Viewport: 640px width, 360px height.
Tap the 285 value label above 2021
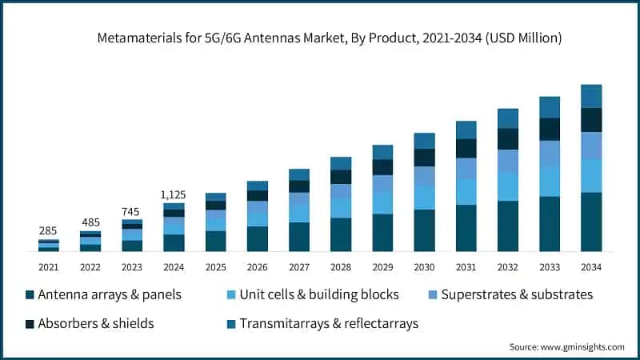tap(49, 231)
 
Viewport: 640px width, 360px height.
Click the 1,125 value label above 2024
tap(174, 194)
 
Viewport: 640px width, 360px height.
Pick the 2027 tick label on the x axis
tap(298, 266)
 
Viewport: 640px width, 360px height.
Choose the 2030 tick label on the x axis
tap(424, 266)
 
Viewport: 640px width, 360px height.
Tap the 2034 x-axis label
tap(590, 266)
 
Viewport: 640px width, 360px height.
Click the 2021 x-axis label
tap(49, 266)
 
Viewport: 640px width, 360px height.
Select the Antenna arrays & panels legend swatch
tap(30, 295)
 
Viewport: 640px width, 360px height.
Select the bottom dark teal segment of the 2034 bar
tap(590, 222)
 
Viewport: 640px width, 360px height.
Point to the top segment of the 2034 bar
tap(590, 96)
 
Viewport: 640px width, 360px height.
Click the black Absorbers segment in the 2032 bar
tap(507, 138)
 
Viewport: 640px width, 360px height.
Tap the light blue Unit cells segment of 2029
tap(382, 202)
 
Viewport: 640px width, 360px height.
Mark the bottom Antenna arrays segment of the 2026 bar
tap(257, 238)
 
